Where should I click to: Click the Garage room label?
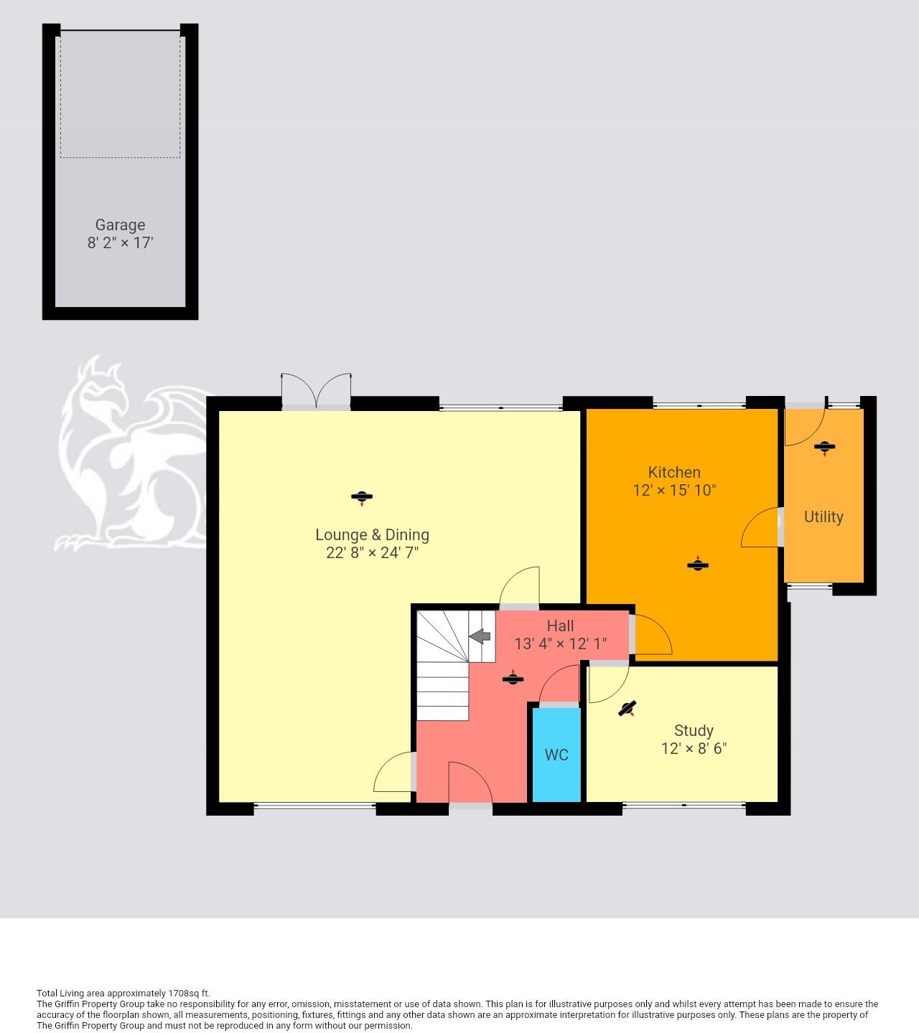point(120,225)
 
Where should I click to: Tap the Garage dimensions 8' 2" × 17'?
point(120,242)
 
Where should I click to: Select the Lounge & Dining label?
point(372,535)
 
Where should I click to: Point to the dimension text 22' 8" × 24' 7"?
point(372,553)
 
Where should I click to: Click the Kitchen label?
point(674,472)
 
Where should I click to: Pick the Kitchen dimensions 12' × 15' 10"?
point(674,490)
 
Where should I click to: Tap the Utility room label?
point(824,516)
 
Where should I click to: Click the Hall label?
point(560,626)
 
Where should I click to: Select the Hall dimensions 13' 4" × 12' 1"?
point(560,643)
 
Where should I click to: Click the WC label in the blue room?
point(556,755)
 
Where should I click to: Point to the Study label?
point(694,731)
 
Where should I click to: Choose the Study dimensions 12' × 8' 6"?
point(694,748)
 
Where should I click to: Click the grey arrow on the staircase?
point(480,636)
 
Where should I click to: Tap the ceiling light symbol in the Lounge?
point(362,497)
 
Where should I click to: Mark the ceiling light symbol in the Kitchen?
point(697,565)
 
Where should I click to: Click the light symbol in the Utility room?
point(824,448)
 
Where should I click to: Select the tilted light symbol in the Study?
point(628,709)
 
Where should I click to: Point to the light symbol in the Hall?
point(513,678)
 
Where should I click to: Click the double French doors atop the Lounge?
point(316,391)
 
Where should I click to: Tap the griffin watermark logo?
point(129,459)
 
